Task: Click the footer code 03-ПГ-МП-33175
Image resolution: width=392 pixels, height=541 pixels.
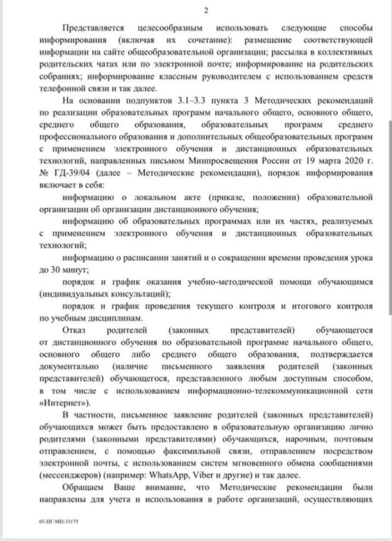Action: click(59, 521)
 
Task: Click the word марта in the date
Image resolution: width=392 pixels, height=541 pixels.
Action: click(328, 162)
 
